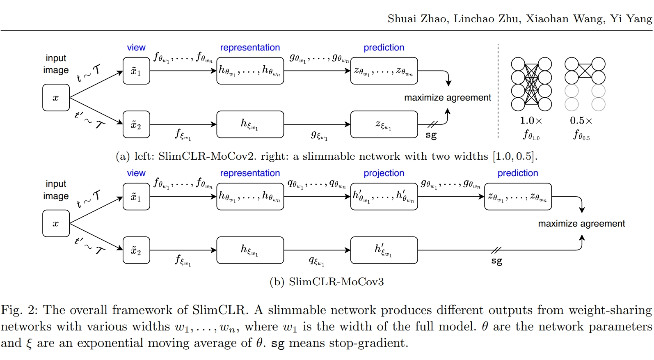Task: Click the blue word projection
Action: pos(384,173)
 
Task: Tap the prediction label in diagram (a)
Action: pos(384,48)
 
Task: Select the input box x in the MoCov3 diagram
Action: pos(56,224)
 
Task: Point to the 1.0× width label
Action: pos(531,121)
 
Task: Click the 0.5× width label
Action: pos(581,121)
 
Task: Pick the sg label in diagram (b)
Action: pos(496,261)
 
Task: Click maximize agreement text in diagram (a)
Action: pos(447,98)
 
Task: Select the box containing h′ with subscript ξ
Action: pos(384,250)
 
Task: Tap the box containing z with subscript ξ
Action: pos(384,124)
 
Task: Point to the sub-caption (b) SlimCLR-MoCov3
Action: pos(327,282)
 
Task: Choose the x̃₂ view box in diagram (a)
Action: pos(136,124)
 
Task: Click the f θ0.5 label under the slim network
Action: pos(581,135)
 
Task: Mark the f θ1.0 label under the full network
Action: pos(531,135)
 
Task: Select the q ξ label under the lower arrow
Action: pos(316,261)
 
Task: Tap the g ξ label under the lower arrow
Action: pos(319,135)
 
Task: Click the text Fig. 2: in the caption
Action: pos(19,310)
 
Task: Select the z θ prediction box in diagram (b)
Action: pos(518,197)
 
